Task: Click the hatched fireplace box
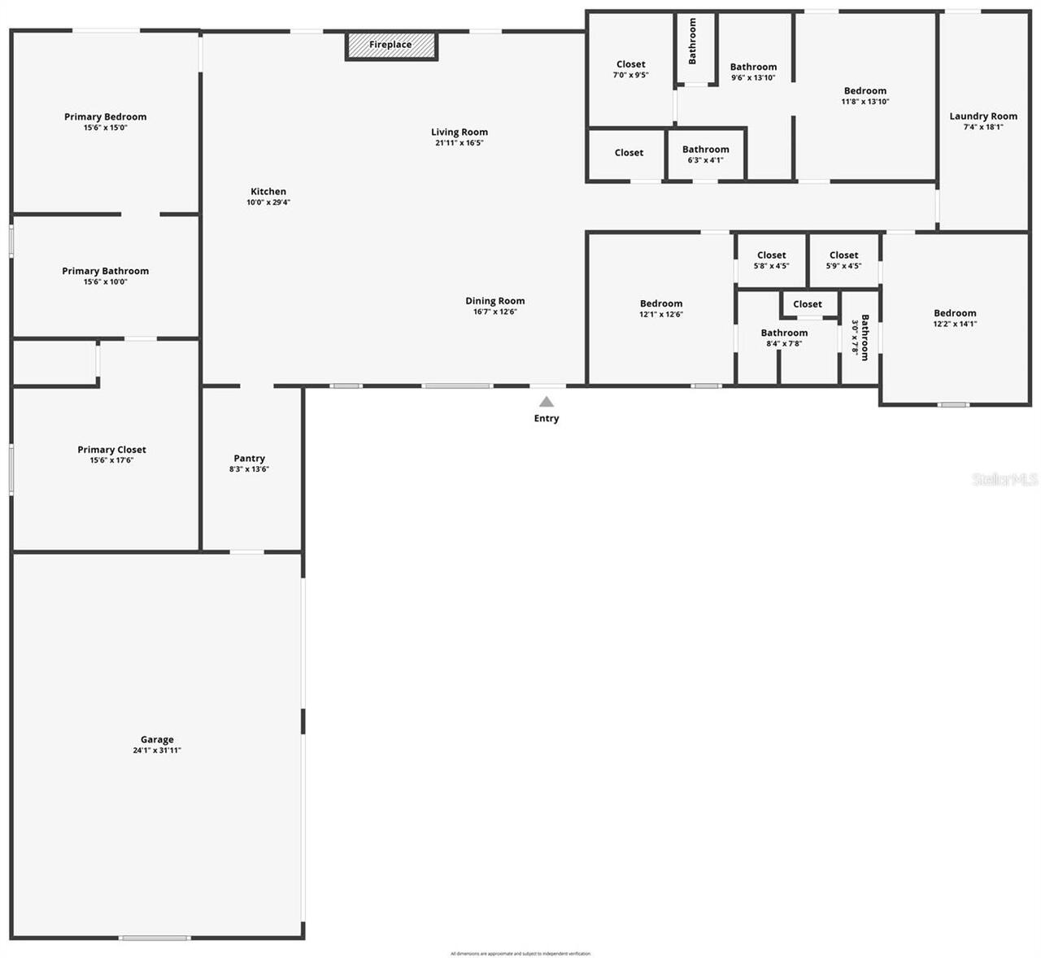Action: click(391, 46)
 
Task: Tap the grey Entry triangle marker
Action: click(547, 402)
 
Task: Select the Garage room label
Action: click(157, 739)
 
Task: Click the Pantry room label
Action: click(249, 459)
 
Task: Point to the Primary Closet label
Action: click(112, 450)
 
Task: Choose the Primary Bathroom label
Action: click(106, 271)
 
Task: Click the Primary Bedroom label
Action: click(106, 117)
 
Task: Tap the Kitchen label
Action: click(268, 192)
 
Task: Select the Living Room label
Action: click(460, 132)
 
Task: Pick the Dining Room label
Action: click(495, 301)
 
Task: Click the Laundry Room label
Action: click(983, 116)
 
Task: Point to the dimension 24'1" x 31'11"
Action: click(157, 751)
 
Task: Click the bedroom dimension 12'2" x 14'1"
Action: click(955, 324)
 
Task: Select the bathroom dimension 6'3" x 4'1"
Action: click(705, 160)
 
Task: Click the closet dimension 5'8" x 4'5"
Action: click(771, 266)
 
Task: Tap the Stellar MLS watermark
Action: click(1004, 479)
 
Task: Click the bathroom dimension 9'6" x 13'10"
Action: click(753, 78)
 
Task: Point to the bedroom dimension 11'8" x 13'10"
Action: click(865, 102)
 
